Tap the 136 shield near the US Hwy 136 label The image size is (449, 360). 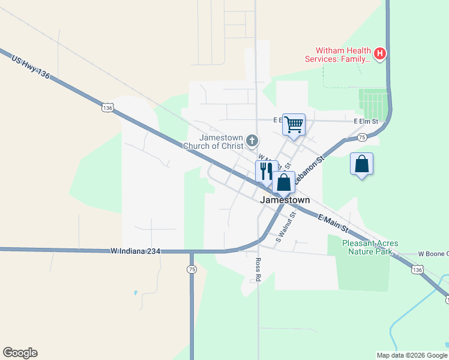[107, 107]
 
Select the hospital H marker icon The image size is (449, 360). [379, 54]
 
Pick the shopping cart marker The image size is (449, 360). [294, 125]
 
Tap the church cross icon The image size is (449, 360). [252, 142]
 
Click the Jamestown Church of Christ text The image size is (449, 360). [217, 142]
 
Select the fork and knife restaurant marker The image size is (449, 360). [266, 170]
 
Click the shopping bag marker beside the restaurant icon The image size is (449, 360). [284, 181]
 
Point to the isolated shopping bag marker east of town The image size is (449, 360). [361, 164]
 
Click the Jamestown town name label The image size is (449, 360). [285, 200]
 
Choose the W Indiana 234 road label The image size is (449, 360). [136, 251]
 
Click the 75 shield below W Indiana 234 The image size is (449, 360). [191, 270]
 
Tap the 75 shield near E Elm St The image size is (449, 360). [362, 137]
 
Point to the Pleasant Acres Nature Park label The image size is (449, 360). [370, 247]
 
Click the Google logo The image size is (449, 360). [20, 353]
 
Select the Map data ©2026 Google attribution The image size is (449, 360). [411, 355]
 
